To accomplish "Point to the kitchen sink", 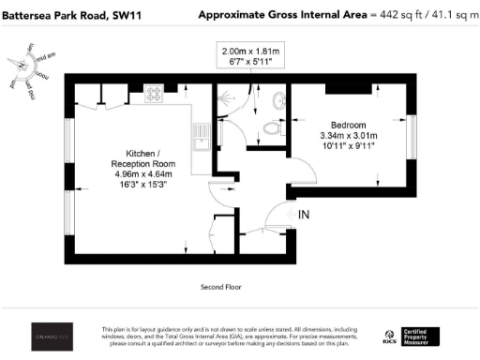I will tap(200, 136).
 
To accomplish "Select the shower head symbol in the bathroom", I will tap(225, 97).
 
